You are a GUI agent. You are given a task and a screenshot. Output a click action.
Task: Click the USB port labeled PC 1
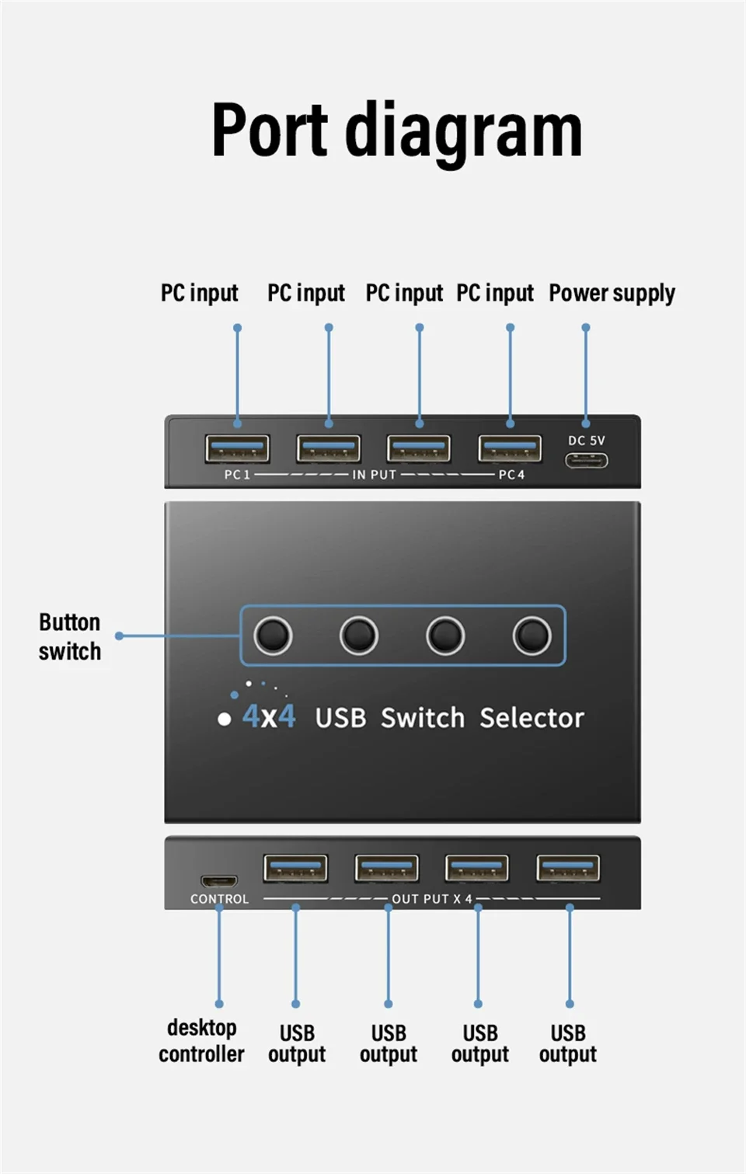[237, 449]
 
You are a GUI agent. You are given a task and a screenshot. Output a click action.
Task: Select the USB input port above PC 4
[510, 449]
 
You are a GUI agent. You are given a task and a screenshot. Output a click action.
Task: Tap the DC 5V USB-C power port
[586, 461]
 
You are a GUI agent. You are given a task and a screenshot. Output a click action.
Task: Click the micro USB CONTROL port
[219, 881]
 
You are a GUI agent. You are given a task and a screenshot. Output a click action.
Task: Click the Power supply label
[612, 293]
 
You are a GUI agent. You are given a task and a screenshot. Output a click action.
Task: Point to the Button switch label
[70, 636]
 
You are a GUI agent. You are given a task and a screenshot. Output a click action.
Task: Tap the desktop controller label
[201, 1040]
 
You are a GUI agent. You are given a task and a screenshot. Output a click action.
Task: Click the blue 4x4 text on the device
[269, 716]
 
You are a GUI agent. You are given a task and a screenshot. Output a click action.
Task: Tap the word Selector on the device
[532, 718]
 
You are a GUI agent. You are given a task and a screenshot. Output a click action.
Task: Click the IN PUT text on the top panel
[375, 475]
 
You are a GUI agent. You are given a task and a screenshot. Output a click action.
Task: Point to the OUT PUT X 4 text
[431, 899]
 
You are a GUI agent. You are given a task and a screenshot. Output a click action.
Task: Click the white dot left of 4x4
[225, 719]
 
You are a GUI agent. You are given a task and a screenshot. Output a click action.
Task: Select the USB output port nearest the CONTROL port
[295, 868]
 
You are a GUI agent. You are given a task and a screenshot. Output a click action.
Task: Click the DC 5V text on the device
[586, 441]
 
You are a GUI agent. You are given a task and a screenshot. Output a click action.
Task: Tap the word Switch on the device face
[422, 718]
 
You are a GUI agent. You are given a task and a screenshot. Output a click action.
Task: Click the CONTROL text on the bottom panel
[219, 899]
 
